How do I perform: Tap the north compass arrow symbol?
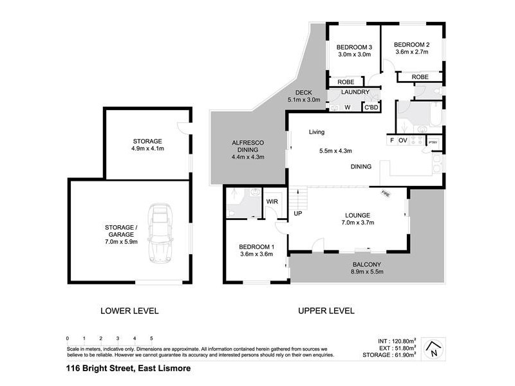coord(436,349)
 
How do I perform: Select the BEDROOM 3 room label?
coord(355,48)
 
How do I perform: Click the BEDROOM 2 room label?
coord(412,44)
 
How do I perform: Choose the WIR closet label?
coord(272,201)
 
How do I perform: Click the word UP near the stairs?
coord(298,213)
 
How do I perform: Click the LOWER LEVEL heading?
coord(129,311)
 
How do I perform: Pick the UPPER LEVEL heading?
coord(326,311)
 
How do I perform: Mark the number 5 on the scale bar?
coord(151,338)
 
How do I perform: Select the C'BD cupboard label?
coord(371,107)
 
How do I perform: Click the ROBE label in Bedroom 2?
coord(420,77)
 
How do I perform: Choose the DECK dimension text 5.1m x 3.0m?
coord(303,100)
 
